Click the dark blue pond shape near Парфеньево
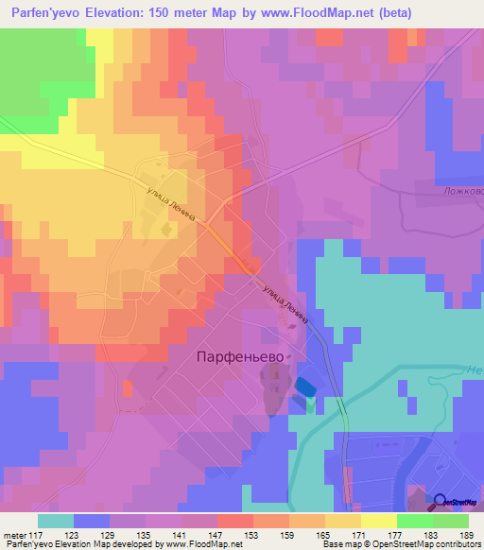pos(305,387)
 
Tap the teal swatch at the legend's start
pos(56,521)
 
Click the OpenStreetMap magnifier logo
pos(440,504)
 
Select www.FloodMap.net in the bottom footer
pos(201,545)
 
